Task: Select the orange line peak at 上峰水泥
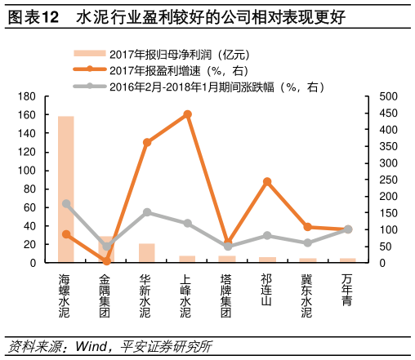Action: pyautogui.click(x=187, y=114)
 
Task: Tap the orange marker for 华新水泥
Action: pyautogui.click(x=147, y=142)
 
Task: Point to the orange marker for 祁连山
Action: pyautogui.click(x=267, y=181)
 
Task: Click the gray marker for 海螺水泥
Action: pyautogui.click(x=66, y=203)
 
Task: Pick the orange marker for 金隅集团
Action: pyautogui.click(x=106, y=260)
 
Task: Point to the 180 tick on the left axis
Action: pyautogui.click(x=30, y=96)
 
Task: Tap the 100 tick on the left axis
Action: pyautogui.click(x=30, y=171)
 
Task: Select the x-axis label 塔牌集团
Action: pyautogui.click(x=227, y=295)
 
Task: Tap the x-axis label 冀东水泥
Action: pyautogui.click(x=307, y=295)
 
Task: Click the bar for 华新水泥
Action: pyautogui.click(x=147, y=254)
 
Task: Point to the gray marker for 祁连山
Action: pyautogui.click(x=267, y=235)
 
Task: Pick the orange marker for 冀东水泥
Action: pyautogui.click(x=307, y=227)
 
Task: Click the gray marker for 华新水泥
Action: pyautogui.click(x=147, y=212)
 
